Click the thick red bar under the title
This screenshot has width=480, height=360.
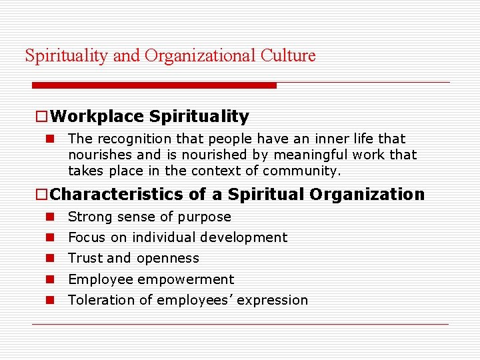pos(154,85)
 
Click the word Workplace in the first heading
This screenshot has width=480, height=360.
pos(97,117)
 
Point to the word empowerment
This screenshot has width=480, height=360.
pos(195,280)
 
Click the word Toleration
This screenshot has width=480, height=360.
pos(100,300)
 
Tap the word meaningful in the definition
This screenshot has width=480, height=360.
pos(309,155)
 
